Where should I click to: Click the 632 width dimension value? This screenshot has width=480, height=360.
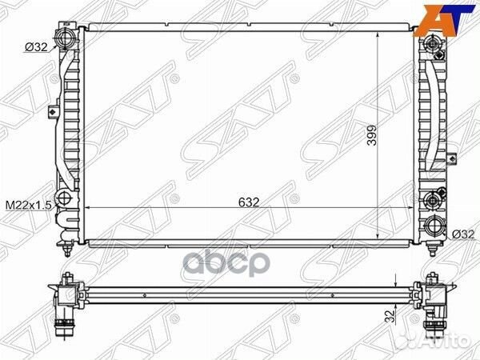point(249,202)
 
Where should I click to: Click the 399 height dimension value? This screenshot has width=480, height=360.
point(372,135)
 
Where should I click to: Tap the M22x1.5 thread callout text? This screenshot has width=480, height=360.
point(29,206)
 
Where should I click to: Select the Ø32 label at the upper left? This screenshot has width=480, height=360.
point(36,47)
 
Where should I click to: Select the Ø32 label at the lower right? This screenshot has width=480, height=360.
point(462,234)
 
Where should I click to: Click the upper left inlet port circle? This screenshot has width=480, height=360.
point(65,38)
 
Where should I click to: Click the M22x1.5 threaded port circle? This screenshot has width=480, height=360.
point(64,198)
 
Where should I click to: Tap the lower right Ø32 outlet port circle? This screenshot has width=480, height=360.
point(434,226)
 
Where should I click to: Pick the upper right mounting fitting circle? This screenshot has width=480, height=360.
point(432,43)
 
